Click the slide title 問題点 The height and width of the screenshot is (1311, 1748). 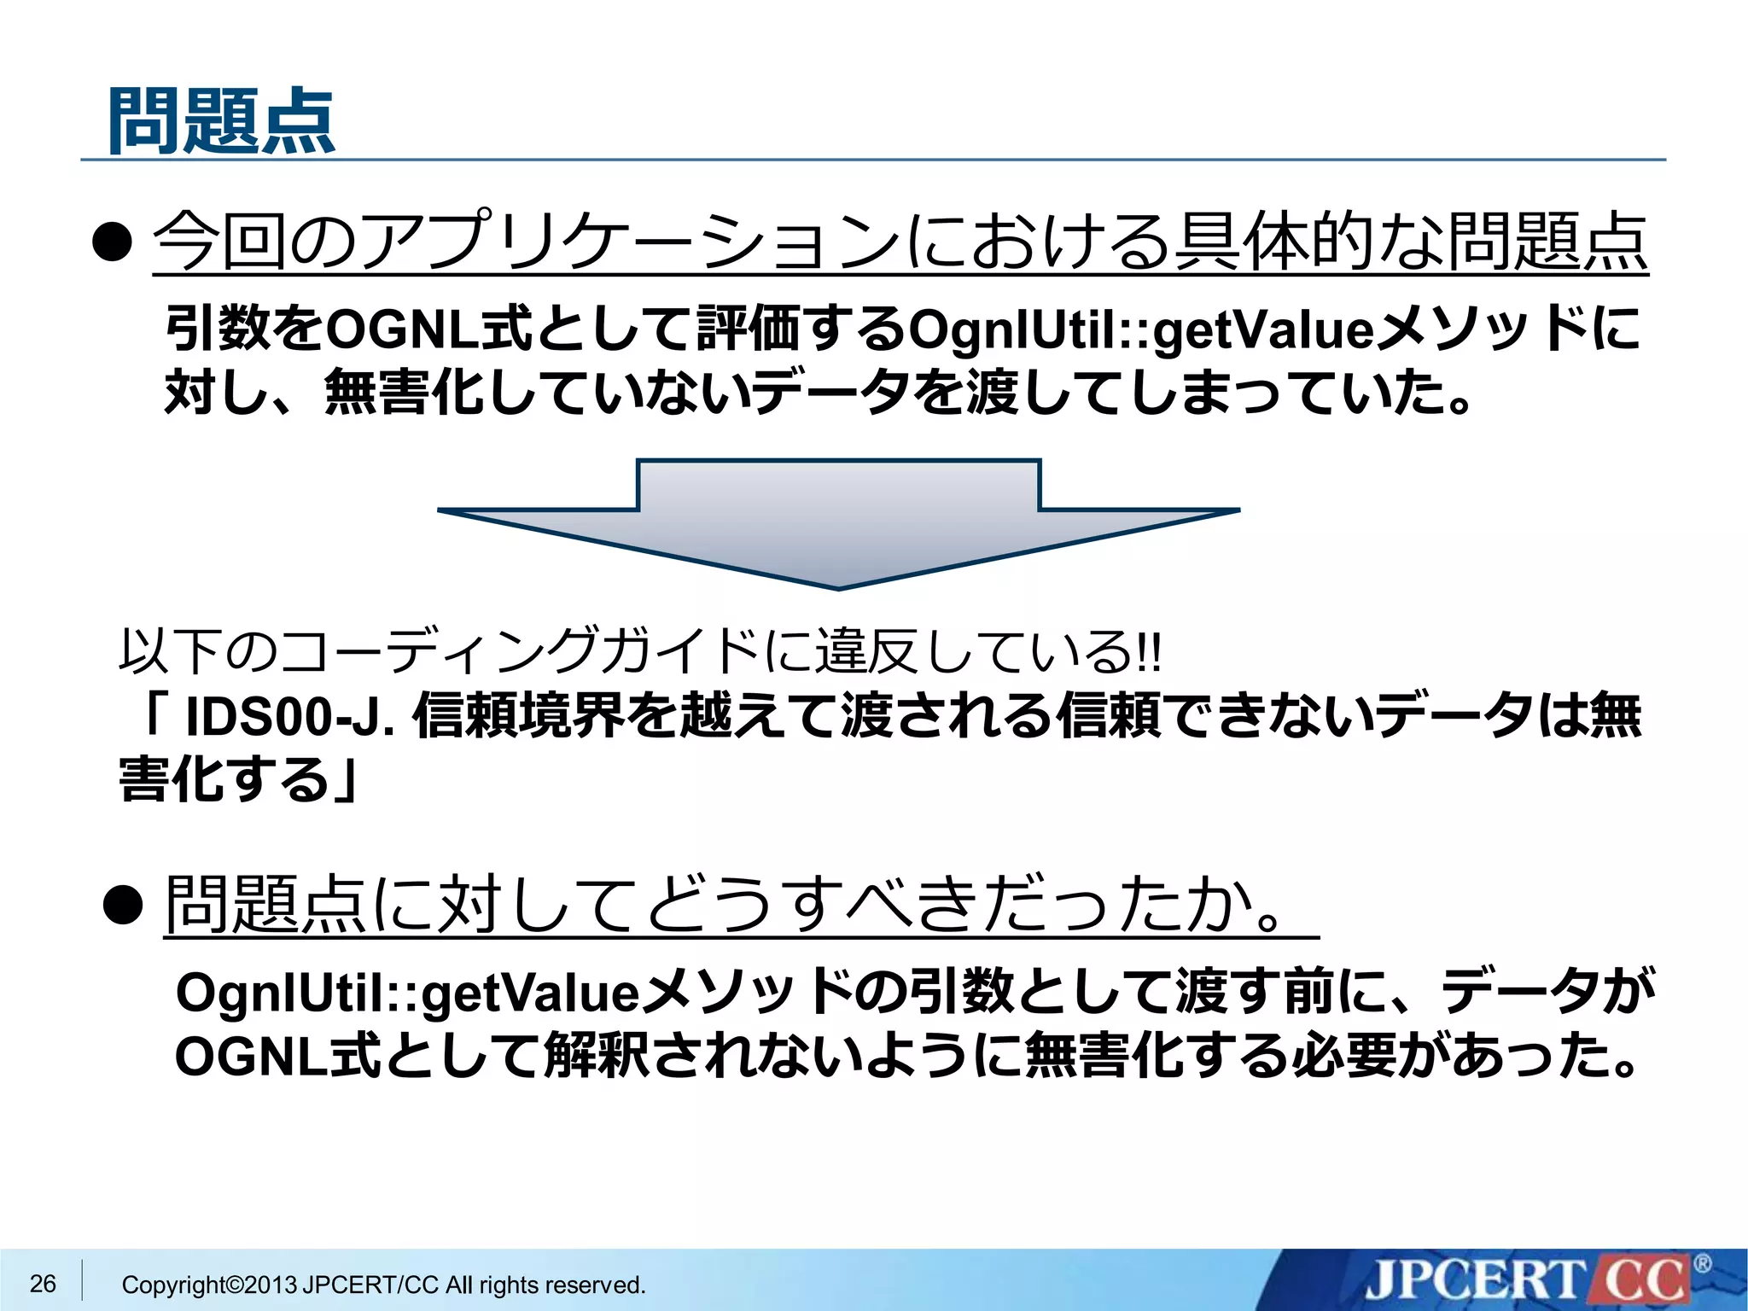pyautogui.click(x=222, y=121)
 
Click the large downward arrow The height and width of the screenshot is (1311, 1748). pyautogui.click(x=838, y=521)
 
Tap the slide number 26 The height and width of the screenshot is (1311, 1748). pyautogui.click(x=43, y=1283)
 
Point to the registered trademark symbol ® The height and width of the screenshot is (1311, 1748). pyautogui.click(x=1702, y=1263)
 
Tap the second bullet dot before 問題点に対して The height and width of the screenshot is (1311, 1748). pyautogui.click(x=122, y=905)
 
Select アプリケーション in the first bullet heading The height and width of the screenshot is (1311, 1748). pyautogui.click(x=628, y=242)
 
